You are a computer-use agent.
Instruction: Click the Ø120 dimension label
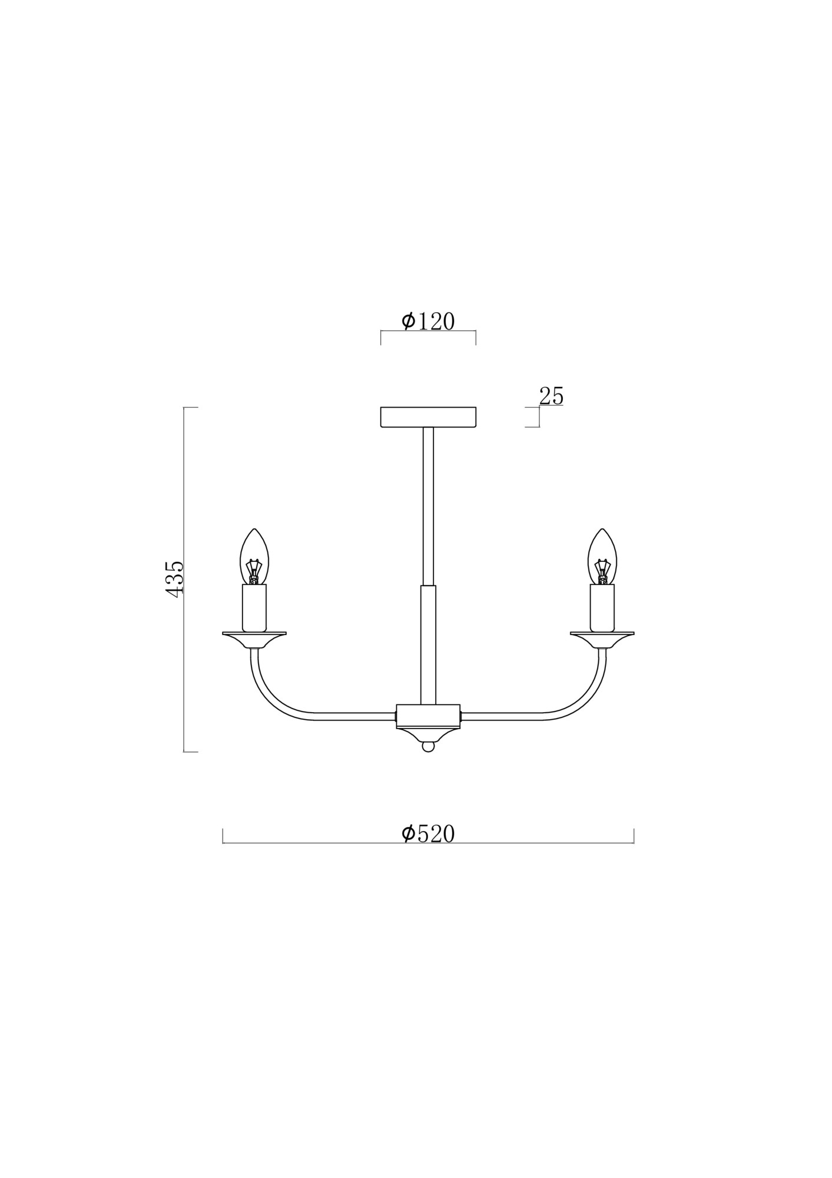pos(428,322)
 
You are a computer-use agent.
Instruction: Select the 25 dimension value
pos(551,396)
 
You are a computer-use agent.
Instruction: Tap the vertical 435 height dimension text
pos(175,579)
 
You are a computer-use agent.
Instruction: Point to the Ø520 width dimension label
pos(428,834)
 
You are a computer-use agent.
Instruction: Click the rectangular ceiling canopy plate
pos(428,417)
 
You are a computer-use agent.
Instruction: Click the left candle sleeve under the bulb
pos(254,608)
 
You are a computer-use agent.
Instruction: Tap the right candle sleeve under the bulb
pos(602,608)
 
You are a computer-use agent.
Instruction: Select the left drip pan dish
pos(254,638)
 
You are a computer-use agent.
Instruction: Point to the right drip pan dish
pos(602,638)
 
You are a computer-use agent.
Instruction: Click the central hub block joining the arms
pos(428,715)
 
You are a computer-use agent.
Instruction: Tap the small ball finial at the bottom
pos(428,747)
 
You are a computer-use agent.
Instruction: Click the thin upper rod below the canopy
pos(428,507)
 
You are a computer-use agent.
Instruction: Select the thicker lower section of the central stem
pos(428,645)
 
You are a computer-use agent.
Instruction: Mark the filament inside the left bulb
pos(254,572)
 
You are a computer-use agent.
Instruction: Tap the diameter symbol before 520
pos(409,834)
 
